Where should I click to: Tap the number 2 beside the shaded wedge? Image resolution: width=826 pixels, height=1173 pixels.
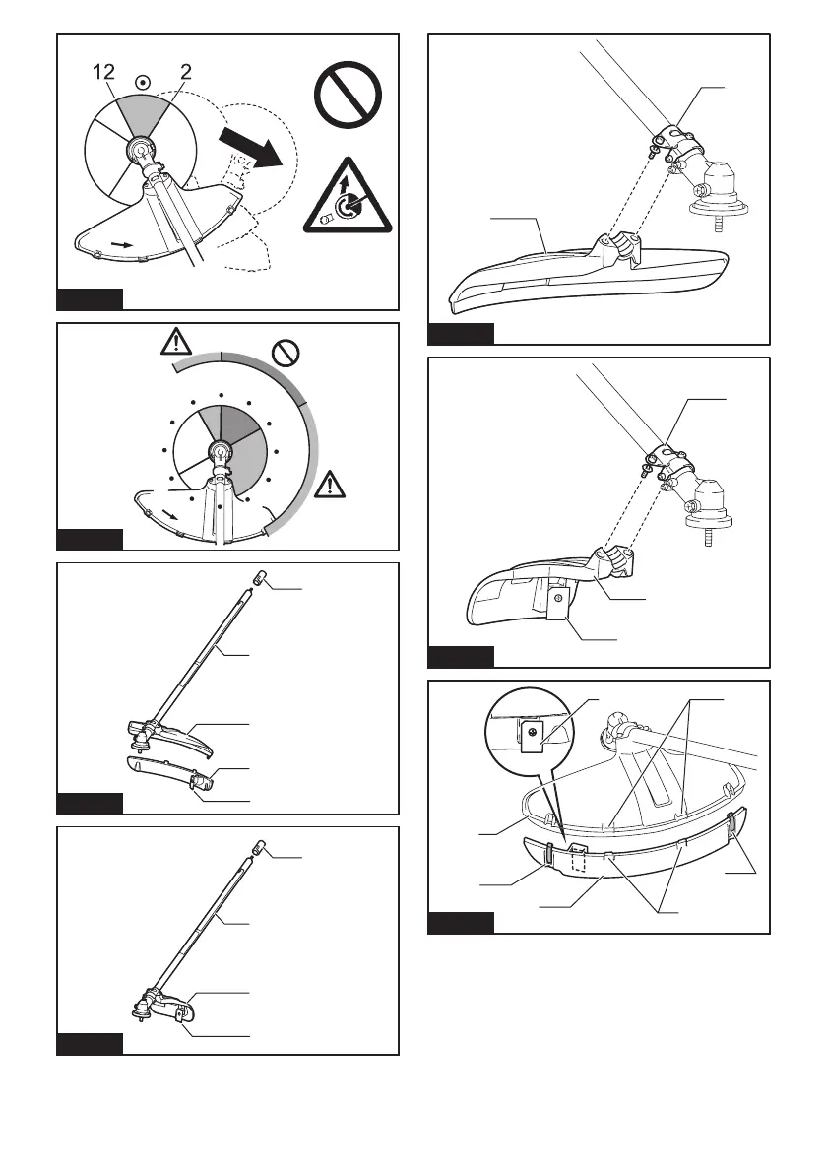pos(184,70)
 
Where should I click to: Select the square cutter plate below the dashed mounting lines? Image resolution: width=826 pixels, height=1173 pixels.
pos(557,625)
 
